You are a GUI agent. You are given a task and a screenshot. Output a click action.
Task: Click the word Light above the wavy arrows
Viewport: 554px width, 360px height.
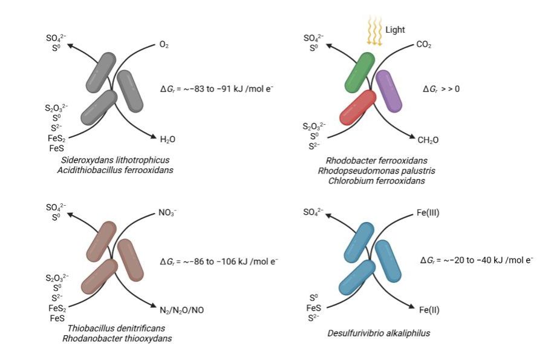395,29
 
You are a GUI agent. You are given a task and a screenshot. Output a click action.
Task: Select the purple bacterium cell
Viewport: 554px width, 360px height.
388,91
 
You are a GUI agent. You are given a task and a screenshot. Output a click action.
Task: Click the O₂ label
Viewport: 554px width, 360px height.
164,45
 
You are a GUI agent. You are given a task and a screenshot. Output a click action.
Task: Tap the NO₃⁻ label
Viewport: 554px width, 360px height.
168,213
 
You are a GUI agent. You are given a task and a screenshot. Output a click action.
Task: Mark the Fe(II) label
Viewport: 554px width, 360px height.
429,310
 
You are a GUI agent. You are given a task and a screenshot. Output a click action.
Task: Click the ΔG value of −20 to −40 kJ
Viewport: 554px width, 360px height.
477,260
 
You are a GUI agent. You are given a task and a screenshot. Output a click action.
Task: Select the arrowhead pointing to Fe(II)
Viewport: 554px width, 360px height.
412,307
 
